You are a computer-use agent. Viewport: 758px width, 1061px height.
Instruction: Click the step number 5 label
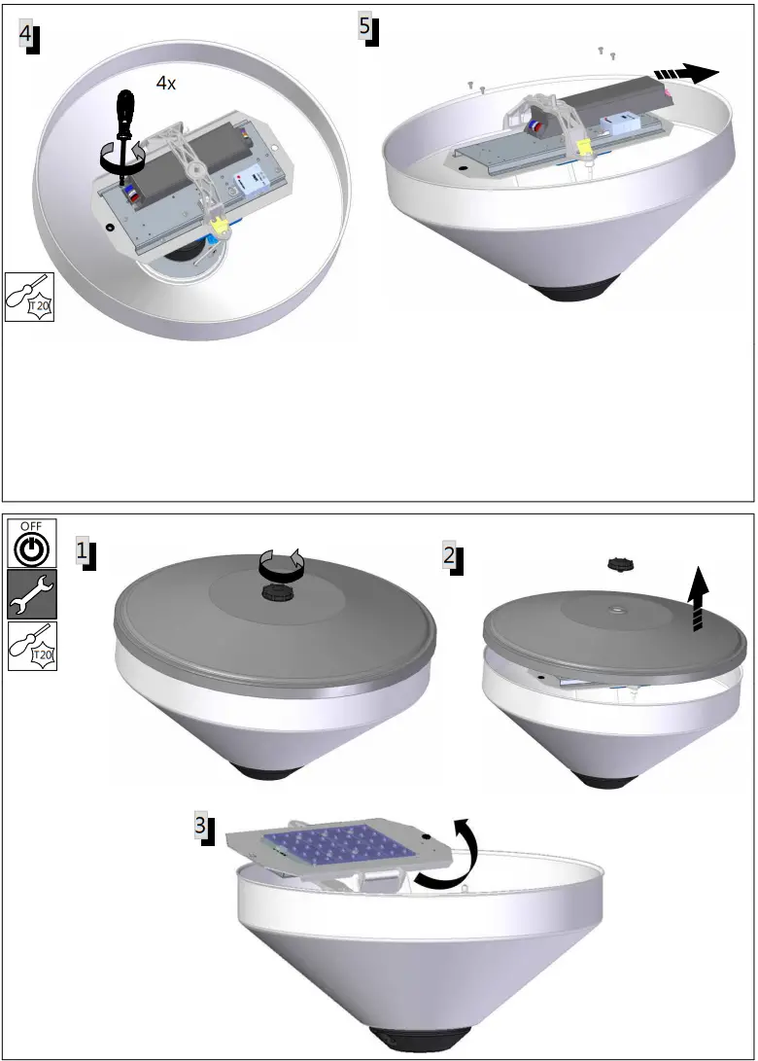click(x=365, y=28)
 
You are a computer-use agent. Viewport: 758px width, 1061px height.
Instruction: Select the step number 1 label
click(x=85, y=552)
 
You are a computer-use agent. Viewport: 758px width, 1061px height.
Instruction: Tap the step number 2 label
click(x=449, y=556)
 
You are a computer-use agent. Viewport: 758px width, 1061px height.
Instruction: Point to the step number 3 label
click(x=201, y=827)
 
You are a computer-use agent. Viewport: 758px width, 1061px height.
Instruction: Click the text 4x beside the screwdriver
click(x=166, y=84)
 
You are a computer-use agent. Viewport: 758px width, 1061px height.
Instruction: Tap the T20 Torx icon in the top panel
click(x=28, y=297)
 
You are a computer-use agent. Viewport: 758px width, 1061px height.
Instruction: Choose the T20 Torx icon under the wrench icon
click(x=30, y=646)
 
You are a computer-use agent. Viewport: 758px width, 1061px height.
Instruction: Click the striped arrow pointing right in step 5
click(x=686, y=74)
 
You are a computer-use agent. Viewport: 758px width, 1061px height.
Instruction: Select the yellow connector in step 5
click(x=584, y=147)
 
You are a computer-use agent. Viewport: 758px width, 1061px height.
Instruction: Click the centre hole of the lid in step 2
click(x=616, y=611)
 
